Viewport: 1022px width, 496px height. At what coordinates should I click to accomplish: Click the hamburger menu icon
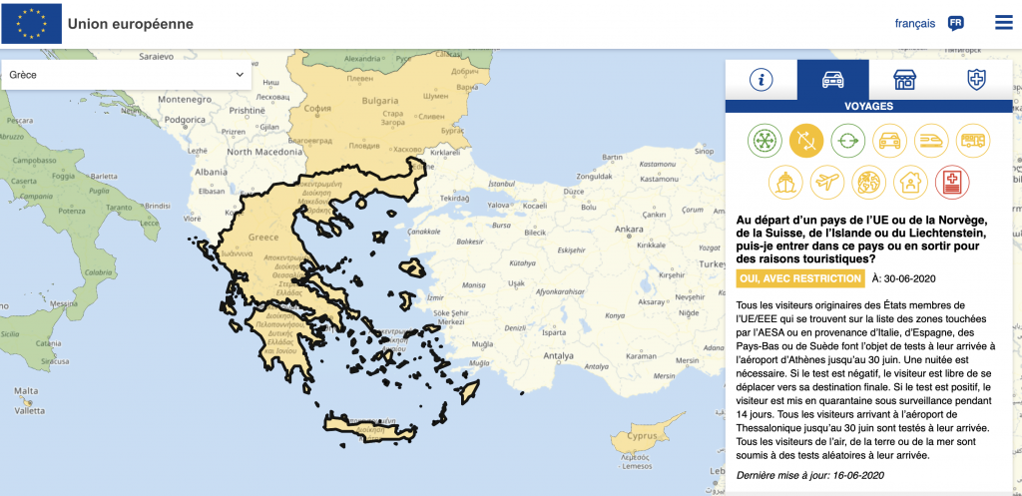coord(1003,22)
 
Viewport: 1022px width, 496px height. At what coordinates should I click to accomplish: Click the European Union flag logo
coord(31,23)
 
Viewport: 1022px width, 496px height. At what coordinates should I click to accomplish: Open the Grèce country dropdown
coord(128,75)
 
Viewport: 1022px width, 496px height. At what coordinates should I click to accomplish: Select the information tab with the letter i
coord(762,80)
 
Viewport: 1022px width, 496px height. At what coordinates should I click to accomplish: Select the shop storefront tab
coord(904,80)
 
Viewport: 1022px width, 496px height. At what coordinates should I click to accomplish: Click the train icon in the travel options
coord(931,141)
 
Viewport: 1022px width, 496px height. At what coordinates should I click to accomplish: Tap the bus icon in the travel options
coord(973,141)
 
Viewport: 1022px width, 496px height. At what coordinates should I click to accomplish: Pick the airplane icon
coord(827,182)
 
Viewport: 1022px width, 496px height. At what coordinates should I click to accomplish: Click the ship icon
coord(785,182)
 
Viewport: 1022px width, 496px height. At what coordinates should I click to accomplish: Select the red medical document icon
coord(952,182)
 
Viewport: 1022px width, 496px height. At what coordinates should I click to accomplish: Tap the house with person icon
coord(910,182)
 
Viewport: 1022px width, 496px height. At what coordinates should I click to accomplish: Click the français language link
coord(914,23)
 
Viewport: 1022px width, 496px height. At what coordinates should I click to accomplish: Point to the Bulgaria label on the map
coord(380,102)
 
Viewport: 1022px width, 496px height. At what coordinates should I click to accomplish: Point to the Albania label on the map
coord(213,172)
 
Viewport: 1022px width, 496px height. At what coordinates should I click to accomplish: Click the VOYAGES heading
coord(868,106)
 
